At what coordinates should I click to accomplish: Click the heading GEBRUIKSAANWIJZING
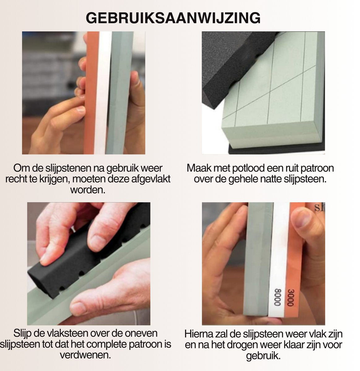[x=173, y=18]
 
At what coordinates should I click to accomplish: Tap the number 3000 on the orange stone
[x=290, y=298]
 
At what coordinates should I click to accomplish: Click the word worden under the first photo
[x=88, y=190]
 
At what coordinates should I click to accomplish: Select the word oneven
[x=141, y=334]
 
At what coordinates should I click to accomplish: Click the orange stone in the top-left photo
[x=92, y=93]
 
